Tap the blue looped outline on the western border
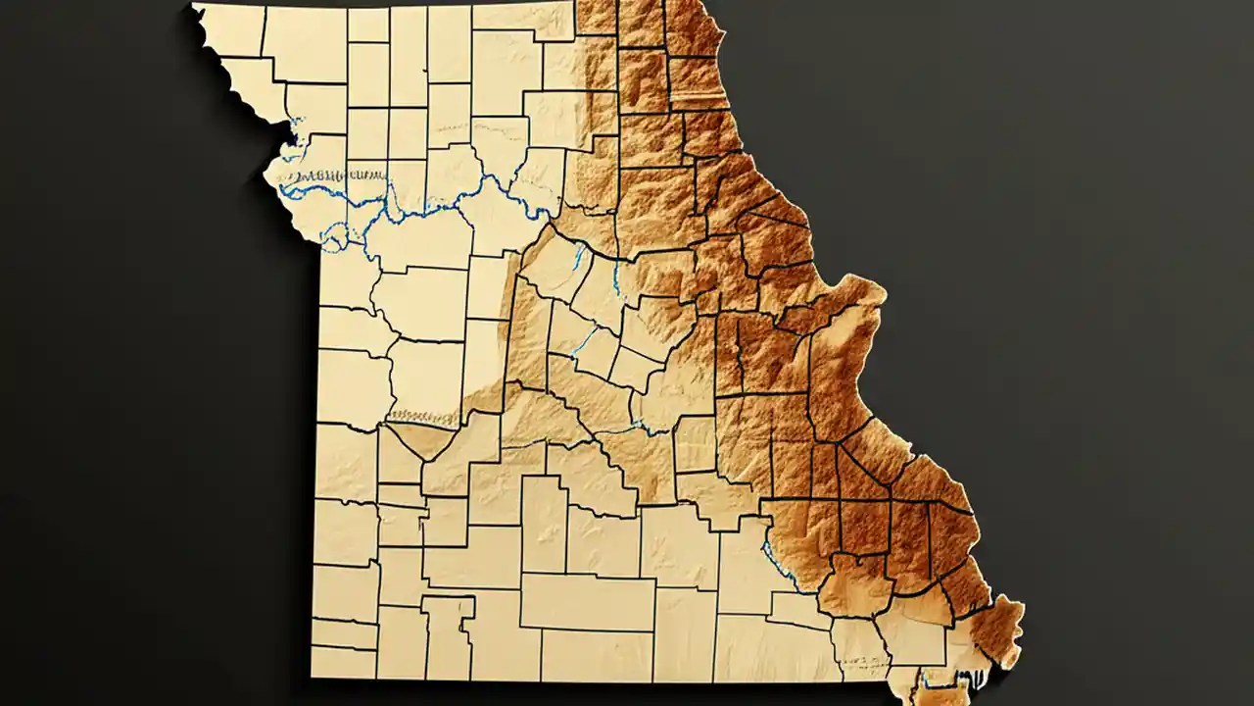(x=335, y=235)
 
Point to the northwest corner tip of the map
(x=195, y=8)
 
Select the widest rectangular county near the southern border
(x=587, y=601)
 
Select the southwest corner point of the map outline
(x=313, y=677)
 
